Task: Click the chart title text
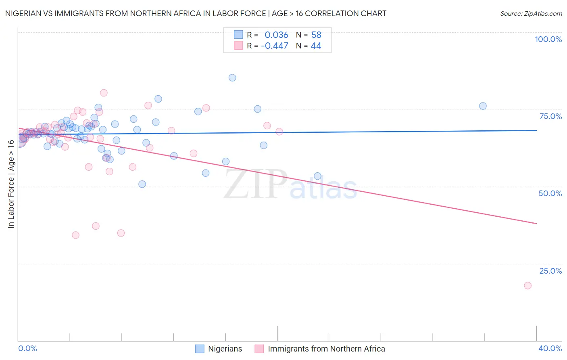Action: [196, 13]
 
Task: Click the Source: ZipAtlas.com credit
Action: [531, 13]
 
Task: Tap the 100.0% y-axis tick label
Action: [548, 39]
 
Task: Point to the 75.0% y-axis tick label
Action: [550, 116]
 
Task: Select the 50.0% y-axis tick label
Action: [550, 193]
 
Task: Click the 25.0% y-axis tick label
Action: [550, 271]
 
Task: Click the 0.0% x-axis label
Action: [27, 348]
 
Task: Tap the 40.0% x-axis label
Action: [550, 348]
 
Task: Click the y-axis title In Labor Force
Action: [11, 184]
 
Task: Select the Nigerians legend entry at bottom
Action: [225, 349]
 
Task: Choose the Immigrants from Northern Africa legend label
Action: [326, 349]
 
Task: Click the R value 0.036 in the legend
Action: [276, 35]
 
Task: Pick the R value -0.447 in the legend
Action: [275, 46]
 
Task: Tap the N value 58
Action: [316, 35]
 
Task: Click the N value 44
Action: [316, 46]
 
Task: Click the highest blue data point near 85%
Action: [232, 77]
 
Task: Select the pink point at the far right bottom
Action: [527, 285]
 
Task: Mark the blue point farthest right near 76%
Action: [483, 106]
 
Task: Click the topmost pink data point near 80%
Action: [104, 93]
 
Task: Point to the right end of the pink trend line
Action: [536, 223]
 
